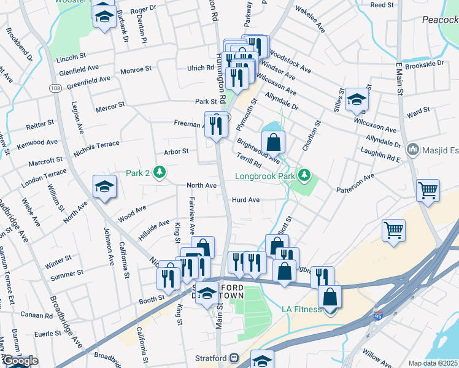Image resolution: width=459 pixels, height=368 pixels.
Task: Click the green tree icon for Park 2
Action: (160, 173)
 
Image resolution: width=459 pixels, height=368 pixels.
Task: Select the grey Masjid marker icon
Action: (412, 149)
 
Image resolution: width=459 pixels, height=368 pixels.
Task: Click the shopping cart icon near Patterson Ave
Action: (428, 190)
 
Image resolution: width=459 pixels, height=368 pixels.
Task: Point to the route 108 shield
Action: (55, 88)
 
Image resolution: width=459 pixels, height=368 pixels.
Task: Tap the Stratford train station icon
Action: (234, 358)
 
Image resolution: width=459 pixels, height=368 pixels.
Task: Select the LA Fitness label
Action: (301, 309)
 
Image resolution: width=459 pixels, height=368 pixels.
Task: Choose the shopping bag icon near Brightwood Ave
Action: (274, 142)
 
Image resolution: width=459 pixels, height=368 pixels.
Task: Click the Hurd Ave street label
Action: (245, 200)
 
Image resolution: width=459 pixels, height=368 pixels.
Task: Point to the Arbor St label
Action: (175, 151)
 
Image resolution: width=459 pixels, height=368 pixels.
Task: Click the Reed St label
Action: (382, 5)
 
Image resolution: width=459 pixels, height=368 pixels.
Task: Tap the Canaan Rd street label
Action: (36, 315)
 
